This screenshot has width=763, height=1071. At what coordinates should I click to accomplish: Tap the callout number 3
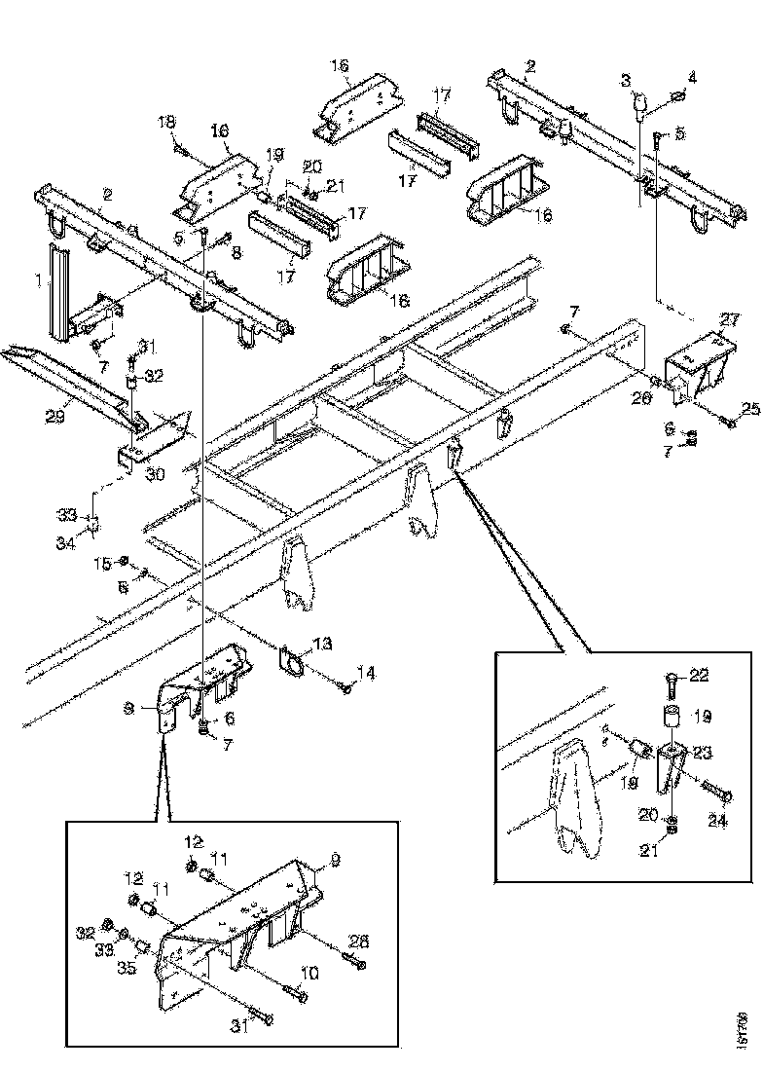pos(626,78)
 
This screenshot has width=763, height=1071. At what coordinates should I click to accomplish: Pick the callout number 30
pos(156,474)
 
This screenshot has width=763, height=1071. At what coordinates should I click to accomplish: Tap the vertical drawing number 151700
pos(743,1028)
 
